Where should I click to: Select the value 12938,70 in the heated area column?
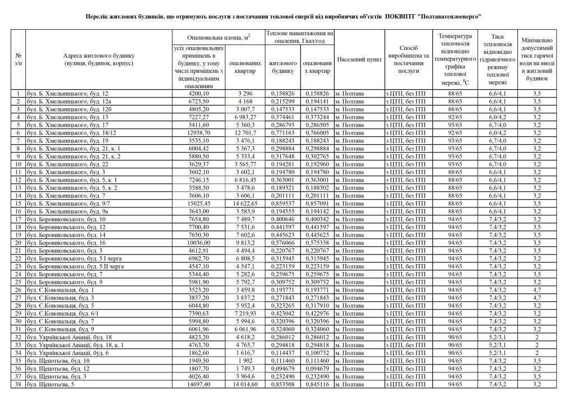coord(200,132)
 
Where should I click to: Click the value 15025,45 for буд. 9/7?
coord(200,203)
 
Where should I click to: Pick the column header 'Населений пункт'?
coord(359,59)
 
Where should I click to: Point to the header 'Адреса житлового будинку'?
coord(99,59)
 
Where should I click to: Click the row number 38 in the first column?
coord(19,385)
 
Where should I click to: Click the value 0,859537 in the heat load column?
coord(283,203)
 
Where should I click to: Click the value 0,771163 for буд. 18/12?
coord(283,132)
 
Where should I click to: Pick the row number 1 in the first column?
coord(19,93)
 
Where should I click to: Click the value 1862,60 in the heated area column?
coord(200,353)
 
